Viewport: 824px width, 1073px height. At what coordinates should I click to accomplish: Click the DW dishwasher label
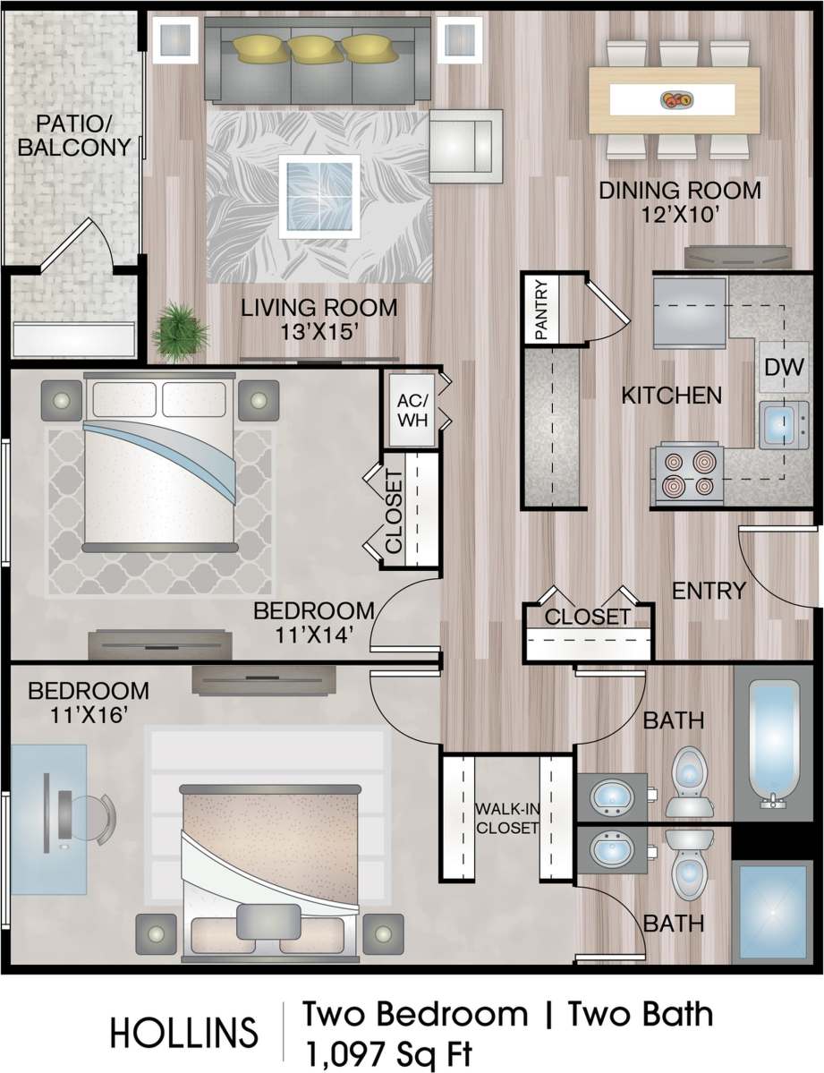[785, 367]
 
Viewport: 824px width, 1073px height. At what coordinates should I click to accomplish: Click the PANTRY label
[541, 310]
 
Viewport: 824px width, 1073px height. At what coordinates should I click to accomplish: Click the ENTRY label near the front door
[709, 591]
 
